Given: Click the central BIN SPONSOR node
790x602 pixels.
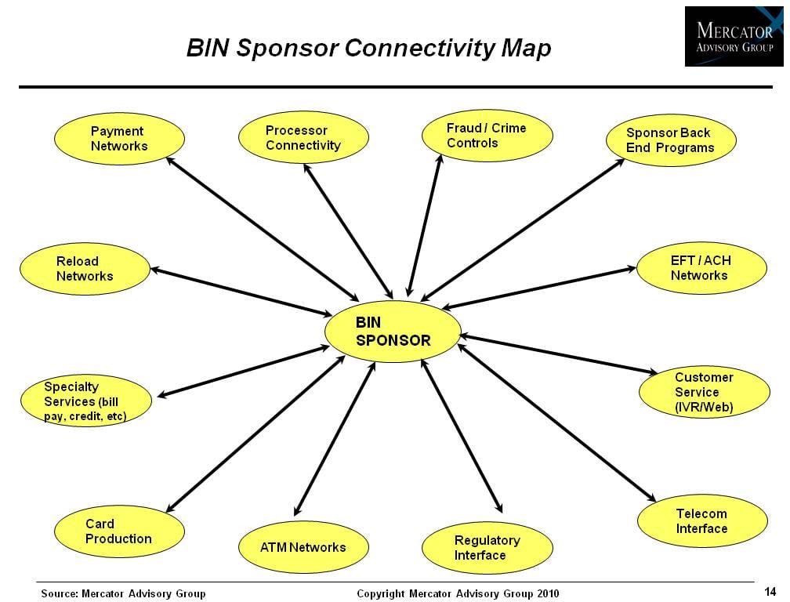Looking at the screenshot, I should pos(393,332).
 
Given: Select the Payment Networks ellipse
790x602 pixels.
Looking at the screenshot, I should pos(119,139).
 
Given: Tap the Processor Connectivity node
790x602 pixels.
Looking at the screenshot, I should pos(303,138).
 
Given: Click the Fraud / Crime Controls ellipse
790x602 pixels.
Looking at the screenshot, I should pos(487,136).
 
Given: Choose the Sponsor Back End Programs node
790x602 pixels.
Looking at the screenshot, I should pos(671,140).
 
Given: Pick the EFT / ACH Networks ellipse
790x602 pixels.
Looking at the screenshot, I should pos(701,268).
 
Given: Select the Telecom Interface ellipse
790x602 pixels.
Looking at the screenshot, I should pos(701,521).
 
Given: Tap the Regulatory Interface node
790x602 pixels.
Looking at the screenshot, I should pos(487,548).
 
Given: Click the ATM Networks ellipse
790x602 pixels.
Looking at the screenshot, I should pos(303,547).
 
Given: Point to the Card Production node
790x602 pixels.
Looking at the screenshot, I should pos(119,531).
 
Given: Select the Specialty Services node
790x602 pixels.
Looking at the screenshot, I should pos(85,401).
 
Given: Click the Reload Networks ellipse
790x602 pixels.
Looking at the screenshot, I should pos(85,269).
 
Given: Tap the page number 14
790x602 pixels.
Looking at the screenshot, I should pos(770,591).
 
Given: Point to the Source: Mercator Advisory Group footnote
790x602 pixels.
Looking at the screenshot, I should pos(123,593).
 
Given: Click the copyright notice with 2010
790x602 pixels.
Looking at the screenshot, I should pos(458,593).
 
